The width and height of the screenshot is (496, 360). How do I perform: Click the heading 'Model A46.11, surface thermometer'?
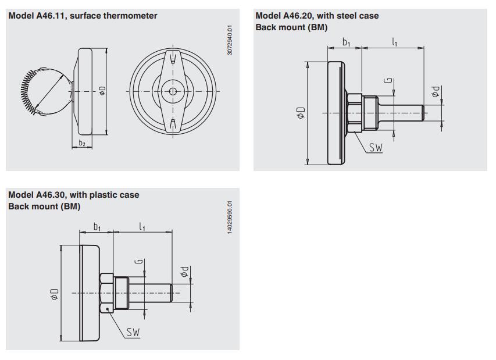[x=83, y=16]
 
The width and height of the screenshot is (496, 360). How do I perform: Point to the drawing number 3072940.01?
[x=230, y=40]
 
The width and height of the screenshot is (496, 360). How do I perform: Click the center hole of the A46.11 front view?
[x=173, y=91]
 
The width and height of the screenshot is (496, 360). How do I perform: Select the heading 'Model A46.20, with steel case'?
[x=317, y=16]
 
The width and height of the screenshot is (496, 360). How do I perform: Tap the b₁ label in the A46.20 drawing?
[x=347, y=42]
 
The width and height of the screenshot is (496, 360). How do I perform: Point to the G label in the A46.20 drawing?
[x=388, y=82]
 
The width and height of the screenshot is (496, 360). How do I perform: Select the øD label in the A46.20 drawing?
[x=301, y=112]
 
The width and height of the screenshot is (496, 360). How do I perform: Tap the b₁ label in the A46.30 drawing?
[x=98, y=226]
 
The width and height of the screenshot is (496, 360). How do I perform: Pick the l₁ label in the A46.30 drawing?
[x=142, y=226]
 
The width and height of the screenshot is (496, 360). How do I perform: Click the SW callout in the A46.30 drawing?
[x=133, y=333]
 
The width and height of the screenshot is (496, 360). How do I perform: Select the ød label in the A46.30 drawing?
[x=184, y=272]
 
